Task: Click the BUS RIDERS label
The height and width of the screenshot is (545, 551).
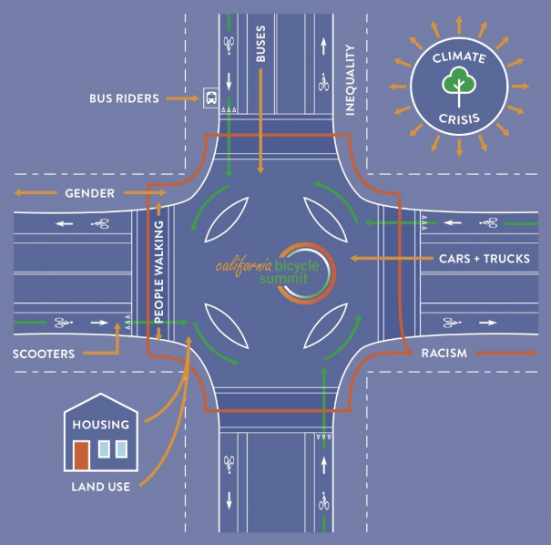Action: pyautogui.click(x=124, y=98)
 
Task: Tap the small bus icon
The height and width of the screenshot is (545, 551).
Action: pyautogui.click(x=210, y=98)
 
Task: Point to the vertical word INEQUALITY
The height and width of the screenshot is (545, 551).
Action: pyautogui.click(x=349, y=81)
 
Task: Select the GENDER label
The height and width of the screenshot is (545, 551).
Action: pyautogui.click(x=89, y=193)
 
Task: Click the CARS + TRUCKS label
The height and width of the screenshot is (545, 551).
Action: pyautogui.click(x=484, y=259)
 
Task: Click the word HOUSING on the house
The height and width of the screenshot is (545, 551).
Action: pyautogui.click(x=102, y=424)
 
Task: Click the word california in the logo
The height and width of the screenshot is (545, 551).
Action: pyautogui.click(x=244, y=265)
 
